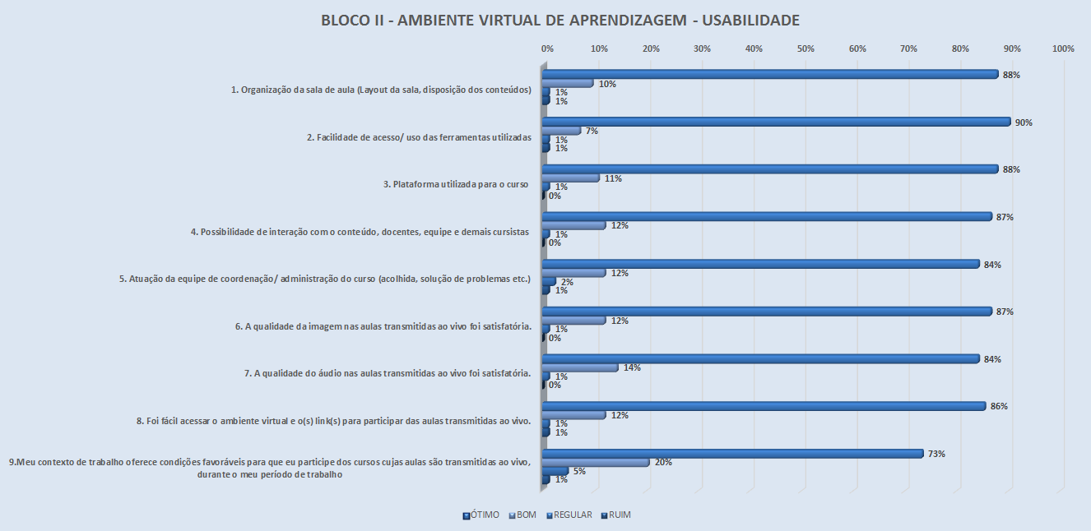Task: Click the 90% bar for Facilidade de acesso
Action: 776,122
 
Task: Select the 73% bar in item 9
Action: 732,453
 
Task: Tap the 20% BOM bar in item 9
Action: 596,462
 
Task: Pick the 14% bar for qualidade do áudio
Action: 580,367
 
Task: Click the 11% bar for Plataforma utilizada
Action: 571,178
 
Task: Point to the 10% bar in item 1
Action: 568,84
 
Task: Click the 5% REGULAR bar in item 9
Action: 555,471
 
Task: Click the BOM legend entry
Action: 523,515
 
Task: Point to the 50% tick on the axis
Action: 805,49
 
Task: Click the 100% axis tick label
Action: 1063,49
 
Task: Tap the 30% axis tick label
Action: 702,49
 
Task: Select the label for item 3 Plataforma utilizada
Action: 457,184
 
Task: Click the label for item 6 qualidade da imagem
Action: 383,326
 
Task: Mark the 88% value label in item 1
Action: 1012,75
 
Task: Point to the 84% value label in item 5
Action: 993,265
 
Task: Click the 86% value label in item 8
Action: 1000,406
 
